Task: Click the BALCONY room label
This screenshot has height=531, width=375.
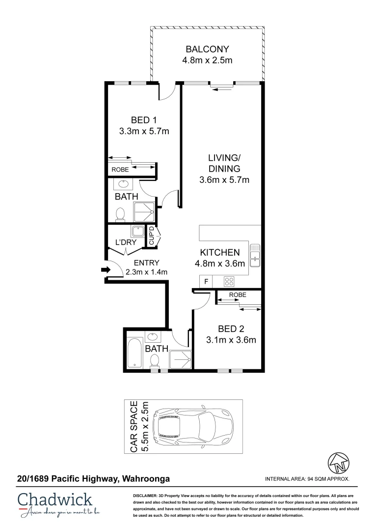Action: point(207,49)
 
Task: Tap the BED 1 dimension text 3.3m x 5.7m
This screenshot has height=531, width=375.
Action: point(144,131)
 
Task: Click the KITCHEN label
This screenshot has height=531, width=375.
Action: point(219,252)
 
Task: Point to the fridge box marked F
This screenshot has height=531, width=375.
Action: point(206,282)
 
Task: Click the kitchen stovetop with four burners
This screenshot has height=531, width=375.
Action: point(229,282)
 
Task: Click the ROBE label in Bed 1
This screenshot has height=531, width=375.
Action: point(120,169)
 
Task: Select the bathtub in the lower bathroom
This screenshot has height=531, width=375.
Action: point(134,352)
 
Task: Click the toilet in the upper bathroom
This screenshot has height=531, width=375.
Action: point(119,214)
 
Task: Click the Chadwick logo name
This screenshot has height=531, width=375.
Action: point(54,500)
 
